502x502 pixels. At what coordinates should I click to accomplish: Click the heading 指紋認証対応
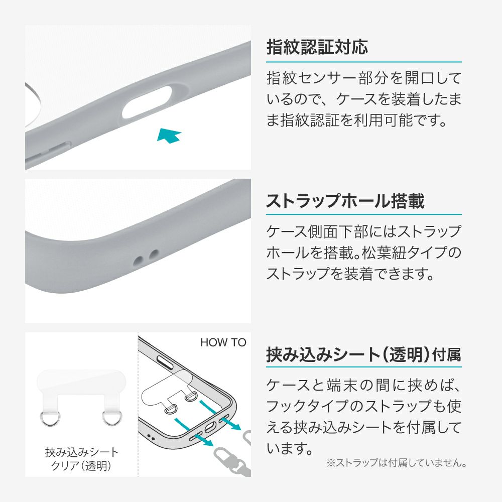coord(317,47)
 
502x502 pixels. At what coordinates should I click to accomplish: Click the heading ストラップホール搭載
coord(345,201)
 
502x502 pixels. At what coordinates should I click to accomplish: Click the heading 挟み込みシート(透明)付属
coord(363,355)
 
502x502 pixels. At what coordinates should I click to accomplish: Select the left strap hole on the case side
coord(139,260)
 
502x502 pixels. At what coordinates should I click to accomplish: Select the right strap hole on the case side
coord(154,254)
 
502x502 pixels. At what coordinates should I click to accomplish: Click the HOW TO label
coord(223,342)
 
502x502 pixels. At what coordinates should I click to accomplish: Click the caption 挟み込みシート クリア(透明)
coord(82,459)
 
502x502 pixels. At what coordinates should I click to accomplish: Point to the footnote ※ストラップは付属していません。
coord(397,463)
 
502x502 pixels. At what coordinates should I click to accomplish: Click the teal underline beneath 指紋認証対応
coord(363,62)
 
